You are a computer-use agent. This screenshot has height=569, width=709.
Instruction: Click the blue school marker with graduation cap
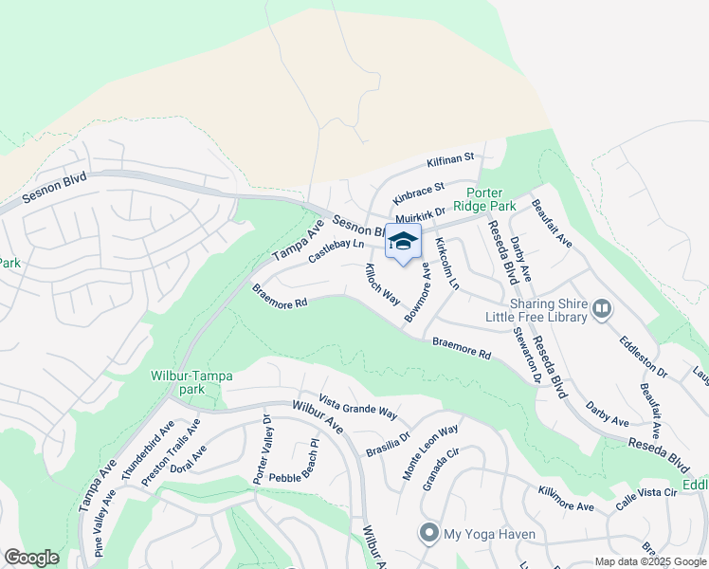[x=403, y=243]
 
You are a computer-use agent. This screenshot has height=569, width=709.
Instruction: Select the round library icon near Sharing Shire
[x=601, y=308]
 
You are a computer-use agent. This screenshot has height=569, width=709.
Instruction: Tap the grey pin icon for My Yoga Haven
[x=430, y=534]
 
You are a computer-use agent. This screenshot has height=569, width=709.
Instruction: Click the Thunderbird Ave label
[x=147, y=450]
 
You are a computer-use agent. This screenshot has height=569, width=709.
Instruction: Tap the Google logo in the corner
[x=31, y=558]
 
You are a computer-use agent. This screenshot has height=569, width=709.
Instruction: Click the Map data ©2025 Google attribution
[x=649, y=561]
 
